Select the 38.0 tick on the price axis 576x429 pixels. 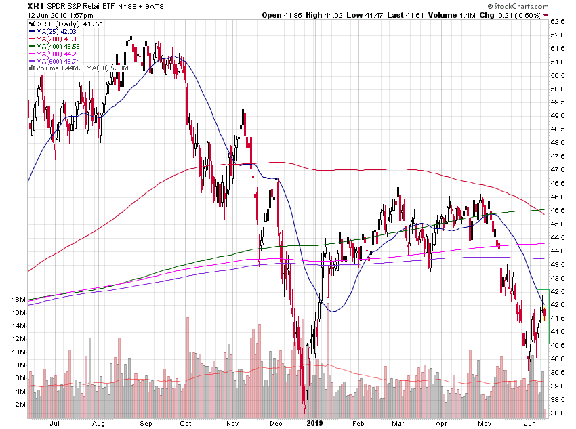pos(558,413)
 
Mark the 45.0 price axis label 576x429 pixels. pos(558,224)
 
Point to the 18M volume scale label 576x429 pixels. pos(18,300)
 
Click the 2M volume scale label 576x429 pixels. pos(20,405)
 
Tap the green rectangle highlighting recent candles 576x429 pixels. pos(543,316)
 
